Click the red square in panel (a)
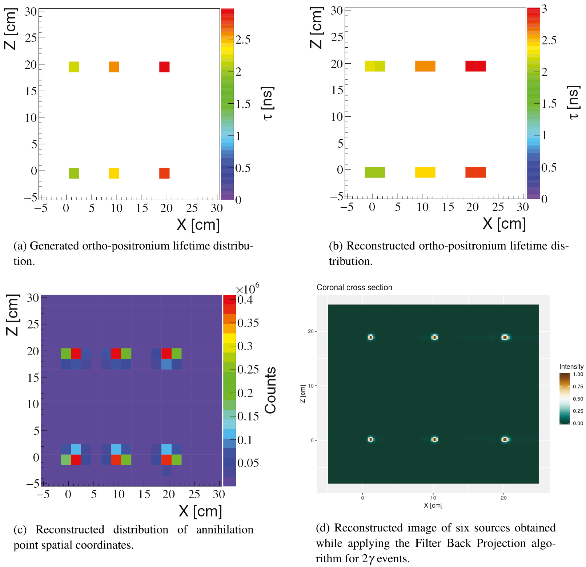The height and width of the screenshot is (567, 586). tap(164, 67)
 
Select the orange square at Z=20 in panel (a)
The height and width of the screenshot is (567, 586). tap(114, 67)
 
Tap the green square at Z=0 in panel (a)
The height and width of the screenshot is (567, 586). tap(74, 173)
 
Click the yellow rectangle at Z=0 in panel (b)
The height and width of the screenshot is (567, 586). tap(425, 172)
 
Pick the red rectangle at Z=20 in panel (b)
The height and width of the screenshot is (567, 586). tap(475, 66)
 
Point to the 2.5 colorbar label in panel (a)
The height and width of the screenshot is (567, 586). tap(243, 40)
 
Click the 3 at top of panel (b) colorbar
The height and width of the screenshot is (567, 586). tap(544, 9)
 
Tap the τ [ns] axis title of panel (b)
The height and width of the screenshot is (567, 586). tap(574, 103)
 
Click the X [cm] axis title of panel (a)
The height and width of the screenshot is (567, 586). tap(198, 225)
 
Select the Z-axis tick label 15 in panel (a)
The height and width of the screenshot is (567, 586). tap(31, 91)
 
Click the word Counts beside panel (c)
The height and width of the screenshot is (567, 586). tap(270, 390)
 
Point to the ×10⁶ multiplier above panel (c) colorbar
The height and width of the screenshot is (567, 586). tap(248, 289)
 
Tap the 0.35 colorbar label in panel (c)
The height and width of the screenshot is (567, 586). tap(248, 323)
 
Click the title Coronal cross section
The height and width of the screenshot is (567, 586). tap(354, 287)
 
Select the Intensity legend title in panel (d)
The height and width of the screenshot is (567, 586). tap(571, 366)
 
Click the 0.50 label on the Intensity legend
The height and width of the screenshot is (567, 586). tap(578, 399)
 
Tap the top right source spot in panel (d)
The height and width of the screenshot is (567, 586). tap(505, 337)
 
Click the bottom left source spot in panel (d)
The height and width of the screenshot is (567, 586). tap(371, 439)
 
